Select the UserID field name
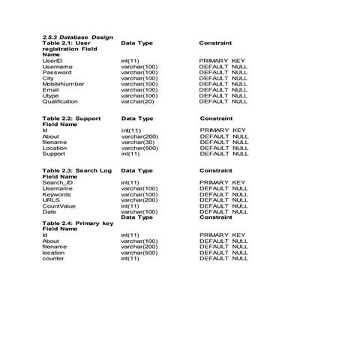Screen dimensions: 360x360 52,60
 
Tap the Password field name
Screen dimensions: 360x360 57,72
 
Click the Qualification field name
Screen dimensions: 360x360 60,102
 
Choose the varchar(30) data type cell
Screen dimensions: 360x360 139,142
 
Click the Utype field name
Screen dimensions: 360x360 51,96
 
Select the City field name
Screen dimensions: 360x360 48,78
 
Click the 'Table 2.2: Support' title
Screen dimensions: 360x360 71,118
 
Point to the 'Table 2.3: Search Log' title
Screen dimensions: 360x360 76,170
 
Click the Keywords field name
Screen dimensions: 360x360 57,194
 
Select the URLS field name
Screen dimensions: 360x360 51,200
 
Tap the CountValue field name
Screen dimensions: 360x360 59,206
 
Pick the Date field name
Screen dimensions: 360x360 49,212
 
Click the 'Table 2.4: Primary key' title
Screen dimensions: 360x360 77,223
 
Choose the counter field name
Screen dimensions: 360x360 53,259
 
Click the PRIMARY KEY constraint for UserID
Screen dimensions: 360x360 223,60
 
